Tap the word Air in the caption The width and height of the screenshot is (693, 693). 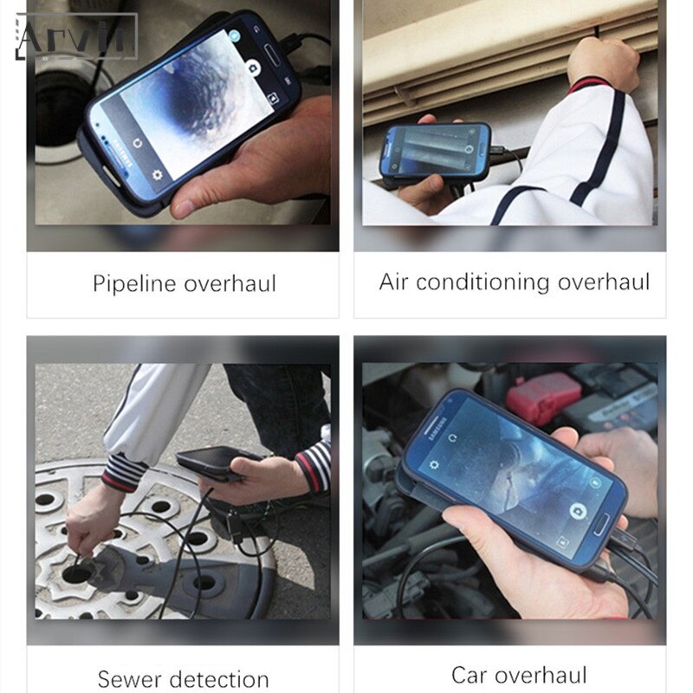[394, 282]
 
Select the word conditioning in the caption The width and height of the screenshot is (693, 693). [482, 282]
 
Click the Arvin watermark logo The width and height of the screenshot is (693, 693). [76, 37]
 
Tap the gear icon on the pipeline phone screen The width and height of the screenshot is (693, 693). [158, 174]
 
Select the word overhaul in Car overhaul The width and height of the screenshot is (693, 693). [541, 675]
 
